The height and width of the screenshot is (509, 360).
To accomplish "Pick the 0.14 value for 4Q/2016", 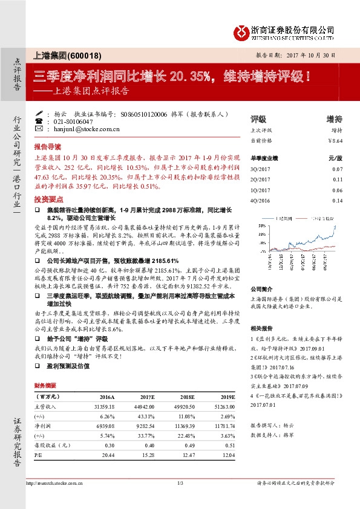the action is (338, 200).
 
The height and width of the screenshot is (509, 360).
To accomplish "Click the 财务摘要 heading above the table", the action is (45, 385).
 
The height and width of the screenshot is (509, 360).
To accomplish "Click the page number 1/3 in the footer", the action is (180, 484).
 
